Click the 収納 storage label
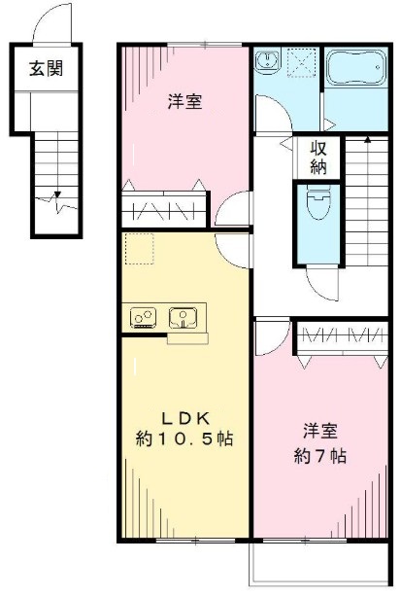click(x=318, y=158)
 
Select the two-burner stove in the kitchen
click(x=144, y=317)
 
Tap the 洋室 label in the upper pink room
click(x=185, y=102)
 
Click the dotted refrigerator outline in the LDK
click(x=139, y=249)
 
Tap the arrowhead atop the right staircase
click(x=368, y=141)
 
